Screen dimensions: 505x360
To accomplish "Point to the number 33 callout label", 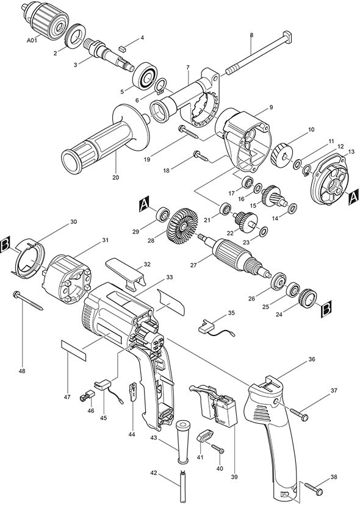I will pos(169,278).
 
